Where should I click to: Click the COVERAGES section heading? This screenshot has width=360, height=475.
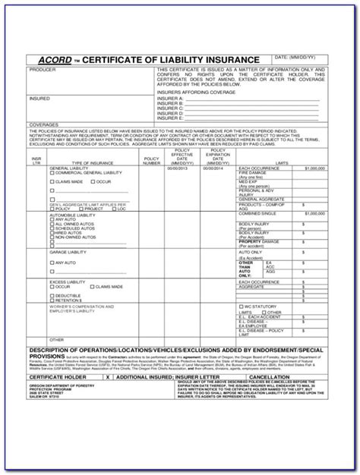click(x=44, y=124)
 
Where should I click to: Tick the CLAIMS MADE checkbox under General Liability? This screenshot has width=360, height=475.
click(x=52, y=182)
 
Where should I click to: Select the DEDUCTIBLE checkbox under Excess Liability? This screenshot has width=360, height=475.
click(x=52, y=295)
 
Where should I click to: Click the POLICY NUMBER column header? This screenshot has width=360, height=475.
click(x=152, y=161)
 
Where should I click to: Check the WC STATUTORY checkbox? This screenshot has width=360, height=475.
click(x=242, y=306)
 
